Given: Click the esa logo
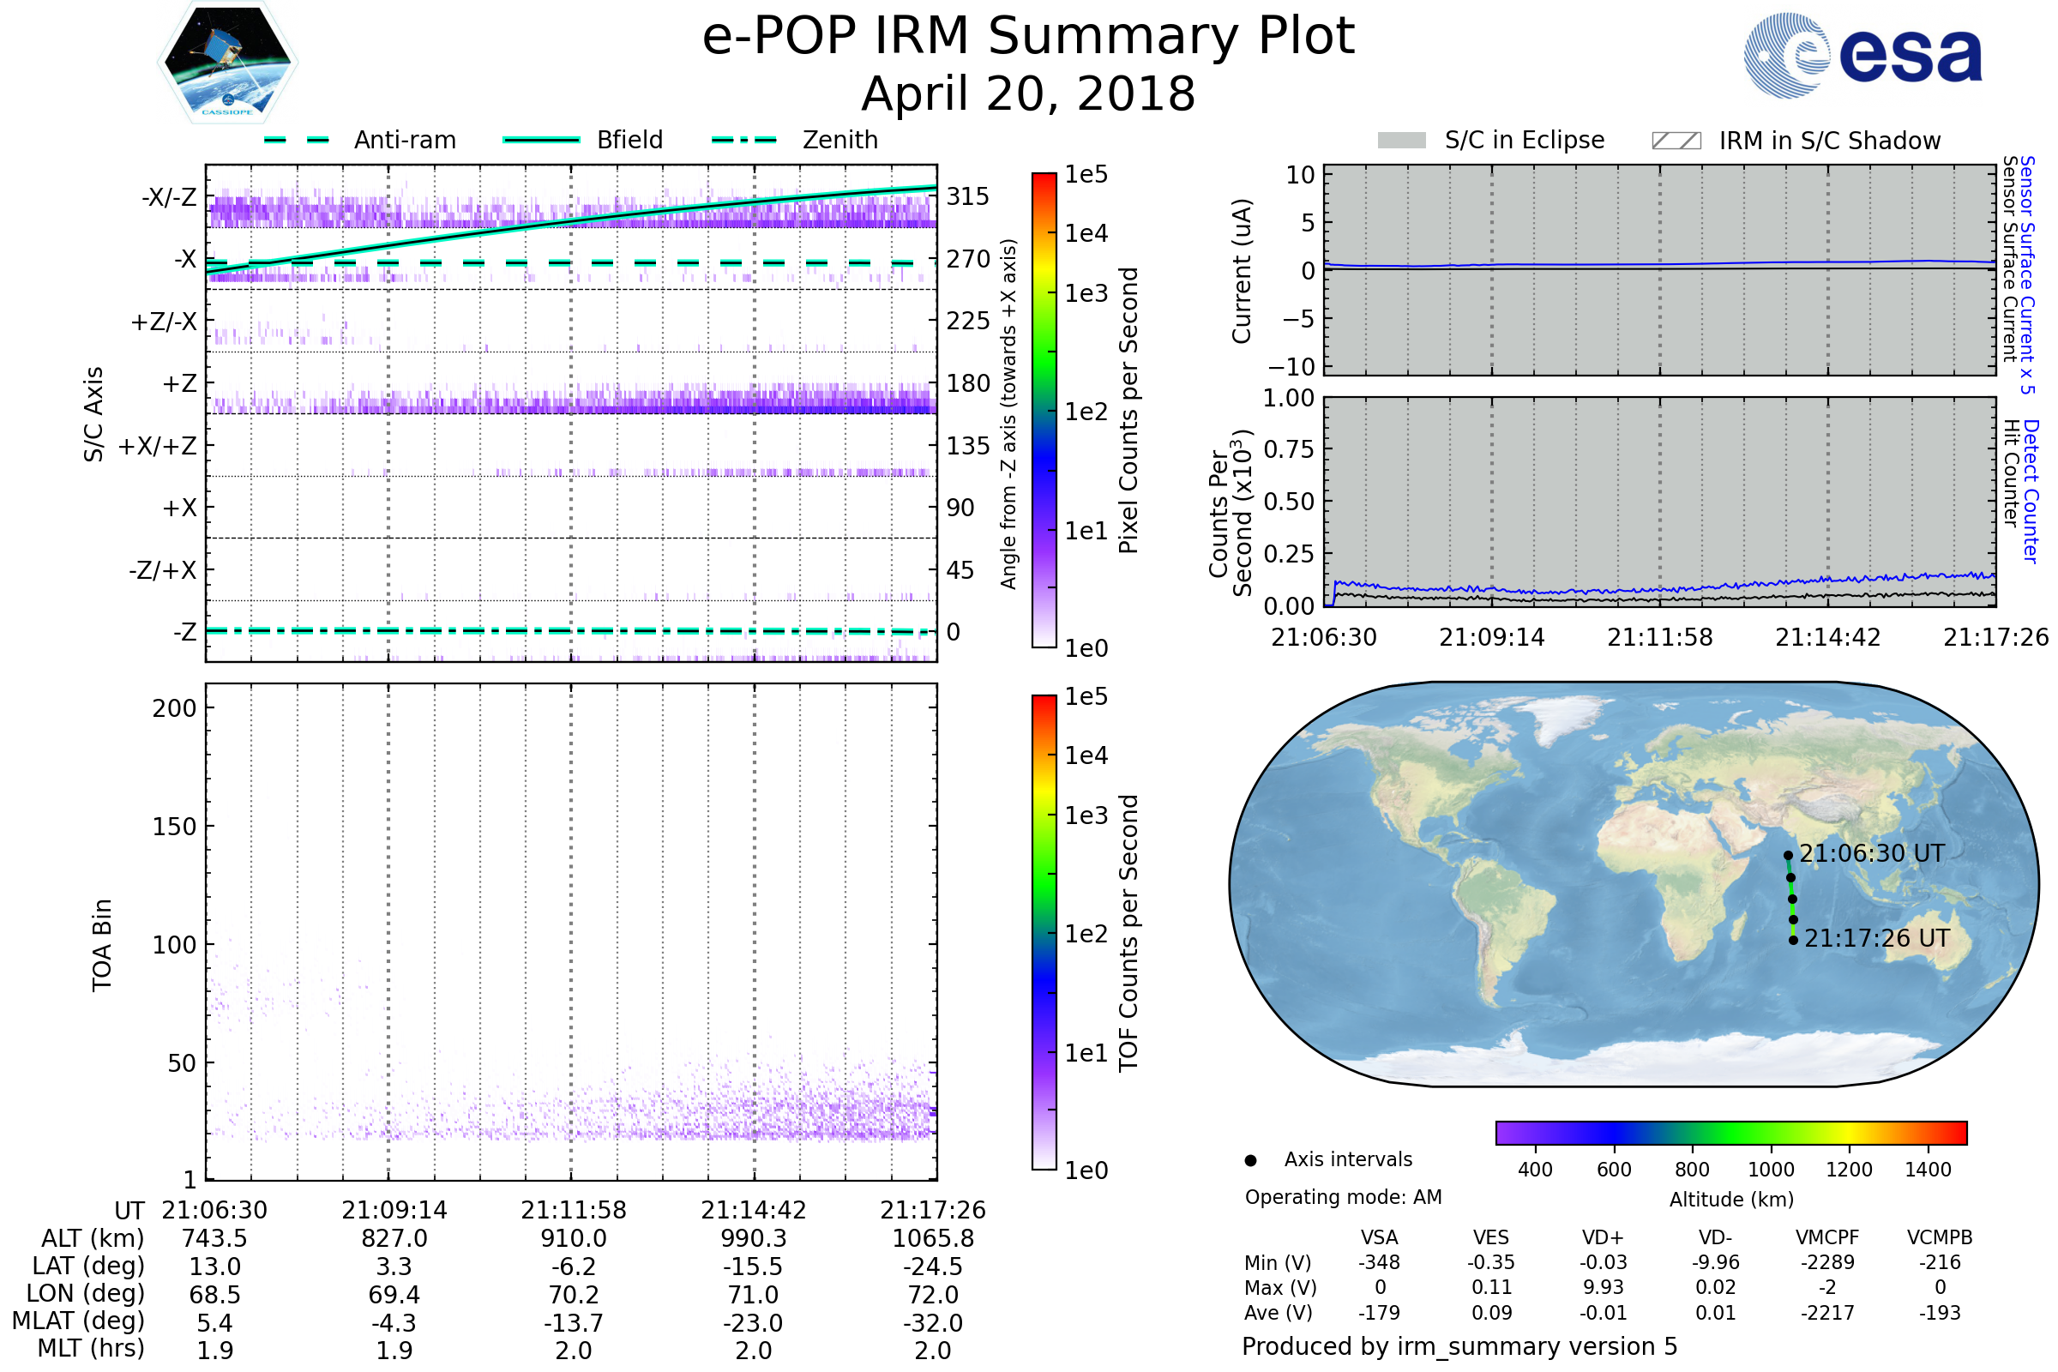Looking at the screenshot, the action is [x=1862, y=55].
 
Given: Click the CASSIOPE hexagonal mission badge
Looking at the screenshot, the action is [x=227, y=62].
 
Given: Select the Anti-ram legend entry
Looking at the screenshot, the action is [x=359, y=140].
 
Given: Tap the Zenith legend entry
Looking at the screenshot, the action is [x=795, y=140].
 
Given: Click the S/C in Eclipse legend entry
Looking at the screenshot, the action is [x=1491, y=140].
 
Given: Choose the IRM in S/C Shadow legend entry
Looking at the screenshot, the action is [x=1796, y=140].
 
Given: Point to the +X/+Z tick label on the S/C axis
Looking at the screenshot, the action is [x=158, y=446].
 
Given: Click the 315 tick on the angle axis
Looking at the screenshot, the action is [x=968, y=196].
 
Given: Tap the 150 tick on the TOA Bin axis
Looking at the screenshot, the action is [x=175, y=827].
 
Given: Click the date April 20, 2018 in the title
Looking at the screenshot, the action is [x=1028, y=93].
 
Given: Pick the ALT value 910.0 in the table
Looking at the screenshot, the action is [x=574, y=1238].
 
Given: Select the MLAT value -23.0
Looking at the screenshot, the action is [x=754, y=1322].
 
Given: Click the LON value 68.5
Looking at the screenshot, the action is [x=215, y=1294].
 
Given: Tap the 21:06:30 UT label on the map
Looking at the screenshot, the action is [x=1873, y=853].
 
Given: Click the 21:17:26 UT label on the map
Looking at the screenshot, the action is [x=1877, y=938].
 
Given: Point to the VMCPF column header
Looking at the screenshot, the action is [x=1827, y=1237].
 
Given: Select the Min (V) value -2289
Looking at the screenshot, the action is [x=1828, y=1262].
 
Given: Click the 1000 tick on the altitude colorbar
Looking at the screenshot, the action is [x=1771, y=1170].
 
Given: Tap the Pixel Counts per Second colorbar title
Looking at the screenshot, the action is [x=1128, y=411].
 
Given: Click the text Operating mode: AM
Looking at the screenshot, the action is [x=1343, y=1197].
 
